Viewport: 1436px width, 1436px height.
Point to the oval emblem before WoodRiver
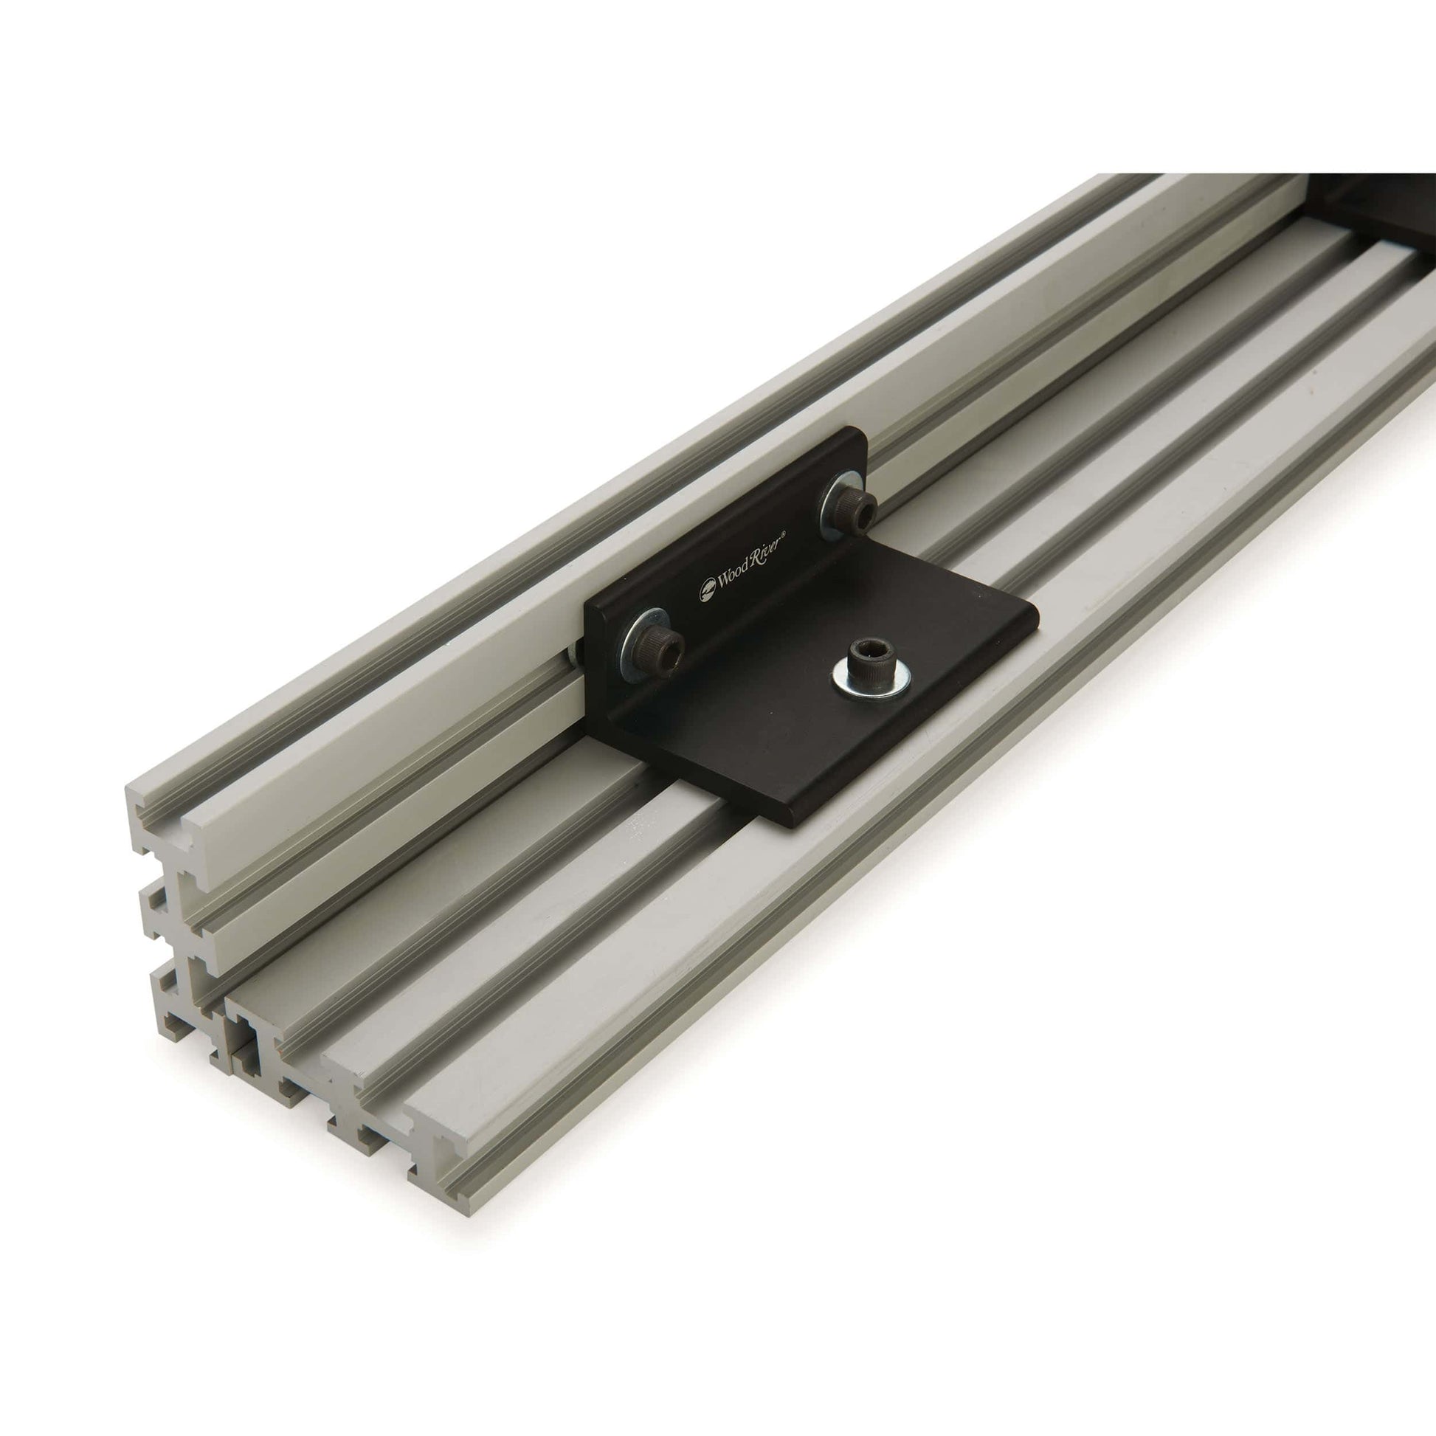(705, 593)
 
